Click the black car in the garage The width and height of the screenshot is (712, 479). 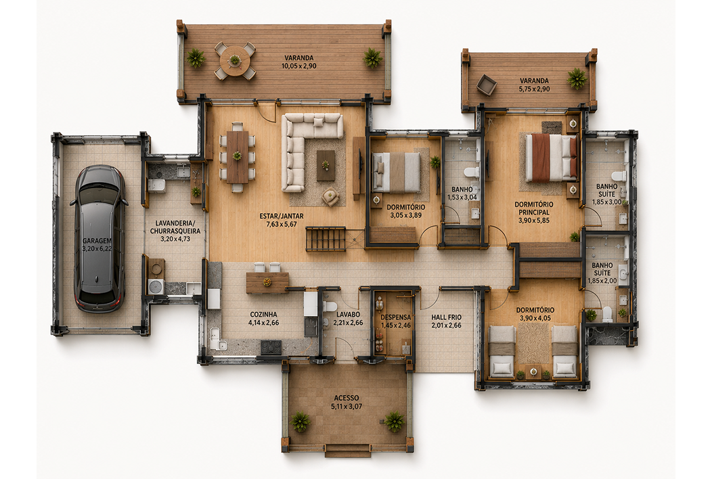(99, 239)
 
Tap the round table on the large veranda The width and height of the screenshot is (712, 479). (235, 61)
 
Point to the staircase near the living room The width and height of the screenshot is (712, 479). (326, 239)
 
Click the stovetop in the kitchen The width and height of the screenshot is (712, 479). (271, 347)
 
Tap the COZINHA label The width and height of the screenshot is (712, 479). (263, 314)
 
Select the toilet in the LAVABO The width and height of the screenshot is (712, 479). (329, 306)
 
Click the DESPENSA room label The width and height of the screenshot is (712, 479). (395, 317)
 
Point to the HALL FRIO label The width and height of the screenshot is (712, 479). (447, 317)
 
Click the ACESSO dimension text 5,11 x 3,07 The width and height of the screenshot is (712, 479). (347, 407)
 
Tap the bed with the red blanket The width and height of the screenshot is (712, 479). (551, 157)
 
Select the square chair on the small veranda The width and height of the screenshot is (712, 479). (487, 85)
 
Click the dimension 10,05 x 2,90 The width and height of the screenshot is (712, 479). (298, 66)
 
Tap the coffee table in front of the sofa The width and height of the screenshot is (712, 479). (326, 165)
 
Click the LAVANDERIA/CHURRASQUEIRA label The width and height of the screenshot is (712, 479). (175, 227)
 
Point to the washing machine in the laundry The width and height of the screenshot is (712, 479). (156, 286)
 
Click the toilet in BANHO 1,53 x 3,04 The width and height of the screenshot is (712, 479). (471, 172)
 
